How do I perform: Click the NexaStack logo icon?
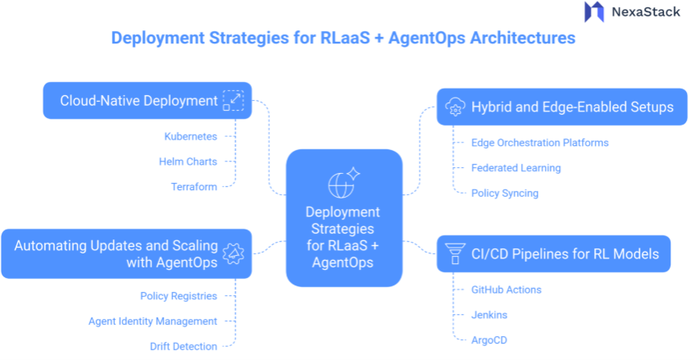[x=594, y=11]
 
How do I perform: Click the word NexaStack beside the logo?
[x=645, y=12]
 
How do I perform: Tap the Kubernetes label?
[x=190, y=136]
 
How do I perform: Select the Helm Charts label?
[x=188, y=162]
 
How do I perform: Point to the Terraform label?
[x=194, y=186]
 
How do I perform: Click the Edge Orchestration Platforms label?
[x=539, y=143]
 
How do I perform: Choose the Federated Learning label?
[x=516, y=168]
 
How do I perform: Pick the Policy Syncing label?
[x=504, y=193]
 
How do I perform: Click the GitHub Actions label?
[x=506, y=289]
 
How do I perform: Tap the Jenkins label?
[x=489, y=315]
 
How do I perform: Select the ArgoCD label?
[x=489, y=339]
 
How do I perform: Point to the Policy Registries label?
[x=178, y=296]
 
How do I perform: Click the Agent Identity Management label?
[x=152, y=321]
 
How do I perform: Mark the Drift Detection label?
[x=183, y=346]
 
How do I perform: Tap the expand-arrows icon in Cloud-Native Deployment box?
[x=234, y=101]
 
